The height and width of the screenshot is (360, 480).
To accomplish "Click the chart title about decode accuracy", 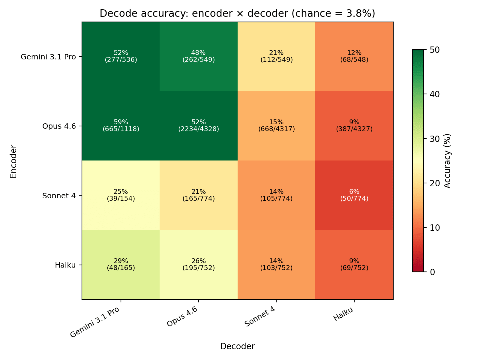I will click(x=237, y=13).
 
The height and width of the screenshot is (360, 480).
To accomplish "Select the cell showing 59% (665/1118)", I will click(x=121, y=126).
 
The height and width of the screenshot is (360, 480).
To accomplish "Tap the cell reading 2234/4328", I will click(x=199, y=126).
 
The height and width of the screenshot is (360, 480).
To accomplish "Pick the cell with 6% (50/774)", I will click(x=354, y=195).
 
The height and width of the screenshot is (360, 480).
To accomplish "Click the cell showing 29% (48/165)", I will click(x=121, y=265).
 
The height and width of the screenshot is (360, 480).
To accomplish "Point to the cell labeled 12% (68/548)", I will click(x=354, y=56).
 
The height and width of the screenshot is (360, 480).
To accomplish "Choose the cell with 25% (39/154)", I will click(x=121, y=195).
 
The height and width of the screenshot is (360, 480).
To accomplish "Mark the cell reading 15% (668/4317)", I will click(x=276, y=126).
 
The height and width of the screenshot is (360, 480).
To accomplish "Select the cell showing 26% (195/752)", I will click(x=199, y=265).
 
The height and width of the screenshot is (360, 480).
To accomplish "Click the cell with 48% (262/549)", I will click(x=199, y=56).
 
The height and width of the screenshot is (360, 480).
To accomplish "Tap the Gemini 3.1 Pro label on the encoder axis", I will click(x=48, y=57).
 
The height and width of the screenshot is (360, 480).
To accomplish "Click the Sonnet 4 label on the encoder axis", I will click(x=59, y=196).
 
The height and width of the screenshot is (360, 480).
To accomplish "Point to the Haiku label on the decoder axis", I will click(x=343, y=314).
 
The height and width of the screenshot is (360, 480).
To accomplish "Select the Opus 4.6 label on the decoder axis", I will click(x=182, y=317).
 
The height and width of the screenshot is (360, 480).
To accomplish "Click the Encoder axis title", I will click(x=13, y=161).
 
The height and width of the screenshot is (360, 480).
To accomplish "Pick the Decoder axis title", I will click(x=237, y=346).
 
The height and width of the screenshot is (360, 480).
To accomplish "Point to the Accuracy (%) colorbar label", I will click(x=447, y=161).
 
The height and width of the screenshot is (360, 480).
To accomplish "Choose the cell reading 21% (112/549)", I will click(x=276, y=56).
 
